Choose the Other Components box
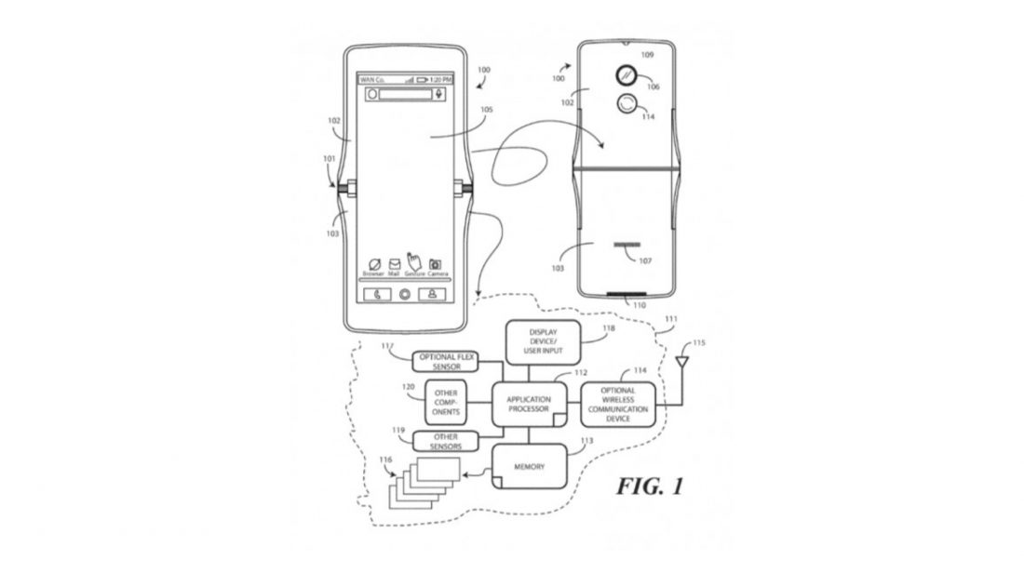tap(445, 403)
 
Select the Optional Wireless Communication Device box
tap(618, 405)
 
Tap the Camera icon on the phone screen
tap(435, 265)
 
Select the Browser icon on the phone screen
tap(374, 265)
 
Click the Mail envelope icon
tap(395, 264)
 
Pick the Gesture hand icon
tap(415, 263)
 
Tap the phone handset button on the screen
tap(376, 295)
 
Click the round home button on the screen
tap(405, 295)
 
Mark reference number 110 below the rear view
tap(639, 305)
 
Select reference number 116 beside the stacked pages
tap(386, 462)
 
